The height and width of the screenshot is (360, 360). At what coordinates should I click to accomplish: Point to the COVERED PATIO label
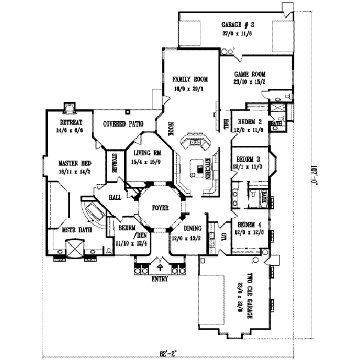123,124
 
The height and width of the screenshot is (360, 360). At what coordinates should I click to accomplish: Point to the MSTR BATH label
77,229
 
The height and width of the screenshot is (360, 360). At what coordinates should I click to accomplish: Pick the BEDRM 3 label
250,159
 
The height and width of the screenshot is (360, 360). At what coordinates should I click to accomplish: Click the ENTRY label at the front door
159,279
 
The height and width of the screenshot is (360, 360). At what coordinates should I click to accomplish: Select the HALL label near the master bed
115,197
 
